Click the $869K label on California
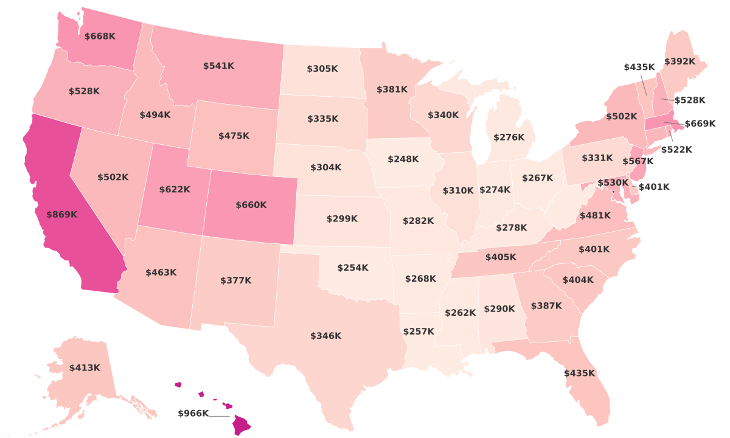point(61,215)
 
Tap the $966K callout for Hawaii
point(193,414)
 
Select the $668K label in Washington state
point(100,36)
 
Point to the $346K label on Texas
point(325,336)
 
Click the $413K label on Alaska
point(85,368)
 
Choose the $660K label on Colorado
point(251,205)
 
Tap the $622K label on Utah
point(175,190)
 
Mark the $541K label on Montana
point(218,66)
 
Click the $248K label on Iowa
point(403,159)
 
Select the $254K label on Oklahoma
point(352,268)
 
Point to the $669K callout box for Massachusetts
point(700,124)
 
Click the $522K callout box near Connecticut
point(676,150)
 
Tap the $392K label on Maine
point(679,61)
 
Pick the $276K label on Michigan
point(508,137)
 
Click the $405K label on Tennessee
point(500,257)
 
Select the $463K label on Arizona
point(161,273)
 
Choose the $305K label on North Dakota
point(322,69)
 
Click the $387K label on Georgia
point(546,306)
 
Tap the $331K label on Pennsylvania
point(597,158)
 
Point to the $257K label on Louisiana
point(419,332)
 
